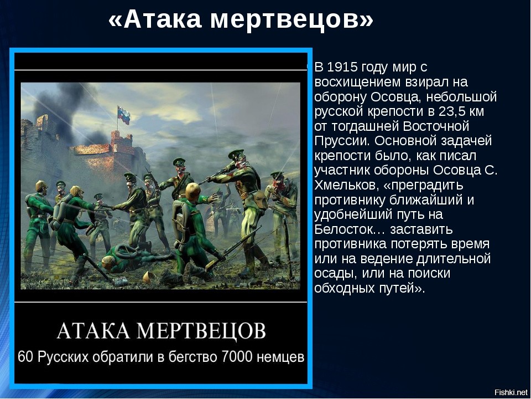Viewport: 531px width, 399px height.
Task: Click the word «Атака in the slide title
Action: click(x=155, y=19)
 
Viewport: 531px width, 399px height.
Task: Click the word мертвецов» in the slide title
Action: click(x=291, y=20)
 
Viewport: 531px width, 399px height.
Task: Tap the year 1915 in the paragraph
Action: click(x=343, y=67)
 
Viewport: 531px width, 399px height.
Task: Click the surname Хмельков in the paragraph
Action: click(x=342, y=185)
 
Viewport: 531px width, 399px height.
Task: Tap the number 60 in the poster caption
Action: click(x=26, y=357)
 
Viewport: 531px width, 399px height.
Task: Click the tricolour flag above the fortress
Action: click(x=123, y=115)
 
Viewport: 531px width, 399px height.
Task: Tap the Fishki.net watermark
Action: click(x=511, y=392)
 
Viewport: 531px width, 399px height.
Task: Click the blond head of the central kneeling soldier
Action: click(x=192, y=191)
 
